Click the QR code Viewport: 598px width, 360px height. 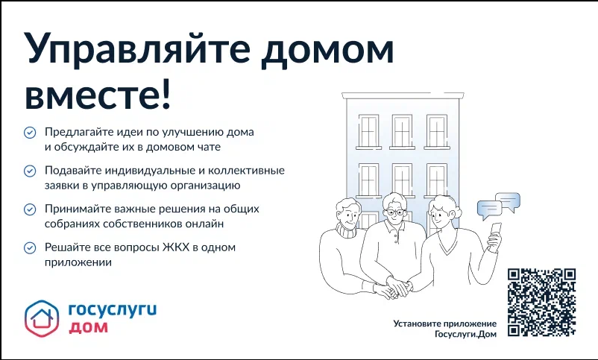click(541, 302)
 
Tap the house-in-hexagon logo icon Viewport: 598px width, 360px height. click(42, 318)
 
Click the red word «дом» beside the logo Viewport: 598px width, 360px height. click(88, 327)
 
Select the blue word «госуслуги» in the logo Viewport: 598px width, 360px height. click(113, 309)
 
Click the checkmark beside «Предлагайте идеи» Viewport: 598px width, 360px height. click(30, 133)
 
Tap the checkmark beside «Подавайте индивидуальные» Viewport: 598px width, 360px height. click(30, 171)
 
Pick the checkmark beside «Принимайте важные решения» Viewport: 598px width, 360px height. click(30, 209)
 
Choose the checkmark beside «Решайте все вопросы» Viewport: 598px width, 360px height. click(30, 248)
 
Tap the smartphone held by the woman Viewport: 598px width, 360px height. click(495, 232)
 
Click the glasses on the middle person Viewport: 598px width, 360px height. click(395, 212)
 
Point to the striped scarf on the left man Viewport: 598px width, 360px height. click(346, 230)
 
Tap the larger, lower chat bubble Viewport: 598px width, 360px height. click(489, 209)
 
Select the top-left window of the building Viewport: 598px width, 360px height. click(368, 132)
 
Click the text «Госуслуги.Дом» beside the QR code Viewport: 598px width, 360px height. click(466, 335)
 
